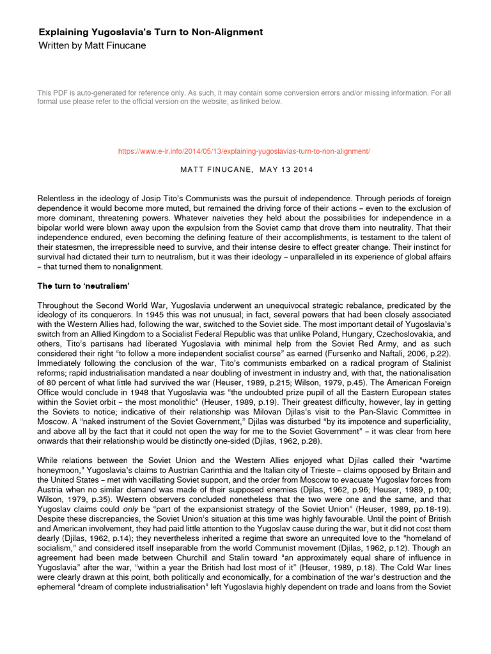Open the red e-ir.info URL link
[245, 151]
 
